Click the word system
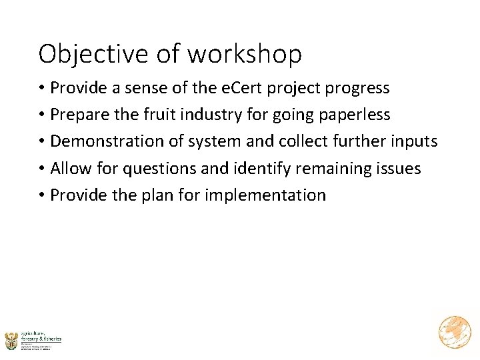216,141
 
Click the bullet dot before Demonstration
42,142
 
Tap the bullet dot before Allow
42,169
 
